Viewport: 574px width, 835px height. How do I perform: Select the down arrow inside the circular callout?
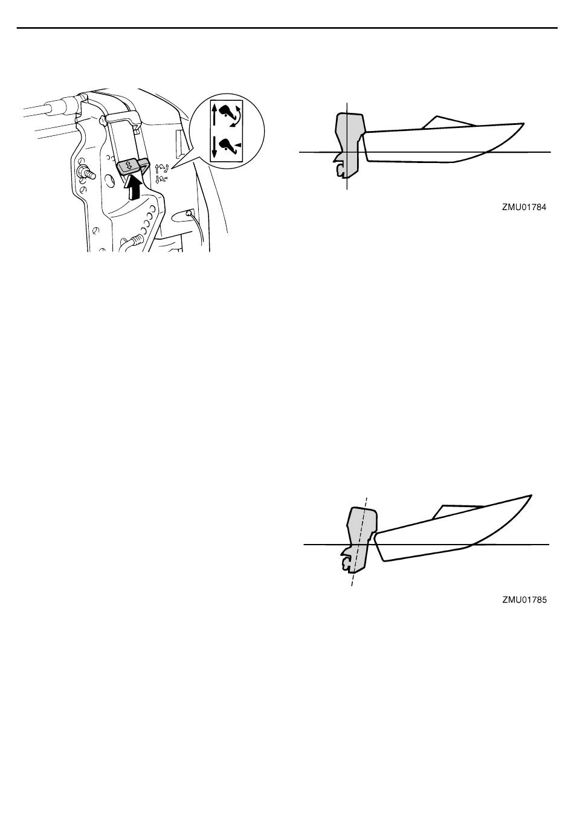coord(215,147)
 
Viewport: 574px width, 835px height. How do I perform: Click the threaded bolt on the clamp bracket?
coord(86,173)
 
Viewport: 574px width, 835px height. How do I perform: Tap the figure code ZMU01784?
coord(524,207)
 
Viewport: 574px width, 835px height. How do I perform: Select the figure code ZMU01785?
coord(524,600)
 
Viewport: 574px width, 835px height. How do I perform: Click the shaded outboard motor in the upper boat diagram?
coord(349,145)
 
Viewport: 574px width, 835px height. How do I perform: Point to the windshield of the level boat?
coord(448,123)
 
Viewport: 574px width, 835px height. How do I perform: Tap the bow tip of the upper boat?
coord(523,123)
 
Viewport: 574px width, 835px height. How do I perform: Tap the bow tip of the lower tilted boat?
coord(530,496)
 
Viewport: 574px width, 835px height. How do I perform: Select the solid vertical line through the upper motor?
coord(347,146)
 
